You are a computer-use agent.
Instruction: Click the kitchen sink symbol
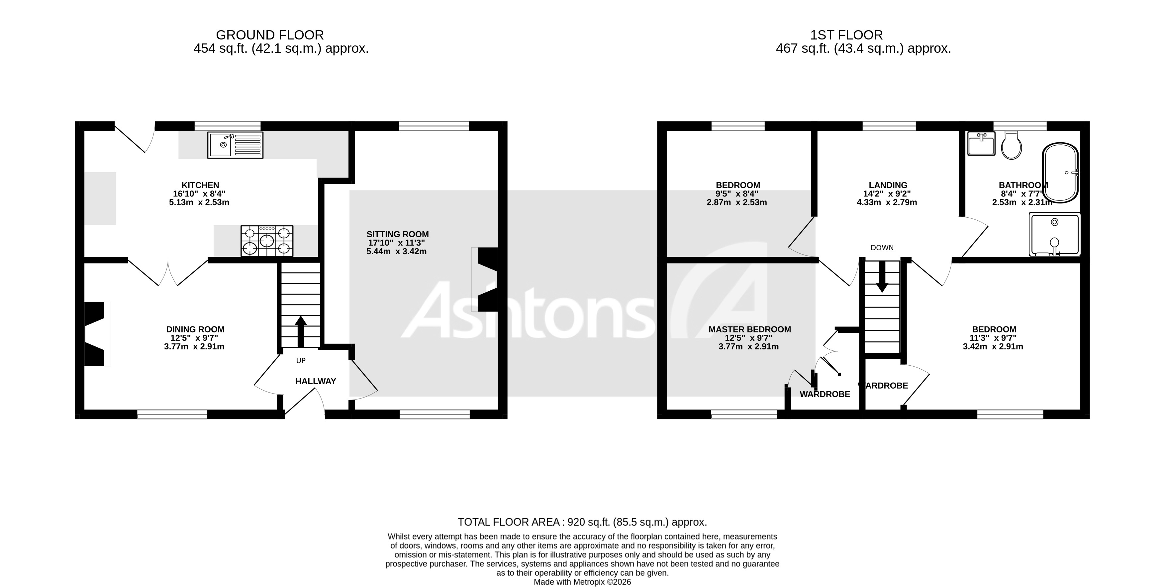point(235,145)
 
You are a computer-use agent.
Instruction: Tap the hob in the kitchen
point(267,241)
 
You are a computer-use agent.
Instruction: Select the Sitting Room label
point(398,234)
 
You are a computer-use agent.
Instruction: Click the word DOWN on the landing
point(882,248)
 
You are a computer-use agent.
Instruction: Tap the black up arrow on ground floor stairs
point(301,331)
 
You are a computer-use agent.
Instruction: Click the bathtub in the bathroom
point(1061,173)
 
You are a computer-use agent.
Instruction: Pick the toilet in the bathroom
point(1011,146)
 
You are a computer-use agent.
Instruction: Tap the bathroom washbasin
point(981,144)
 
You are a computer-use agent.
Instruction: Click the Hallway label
point(316,381)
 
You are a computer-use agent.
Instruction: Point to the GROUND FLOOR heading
point(270,35)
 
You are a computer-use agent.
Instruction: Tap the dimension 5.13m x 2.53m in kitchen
point(199,202)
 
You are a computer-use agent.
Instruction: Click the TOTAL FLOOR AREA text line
point(582,522)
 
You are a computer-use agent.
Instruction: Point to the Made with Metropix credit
point(582,582)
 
